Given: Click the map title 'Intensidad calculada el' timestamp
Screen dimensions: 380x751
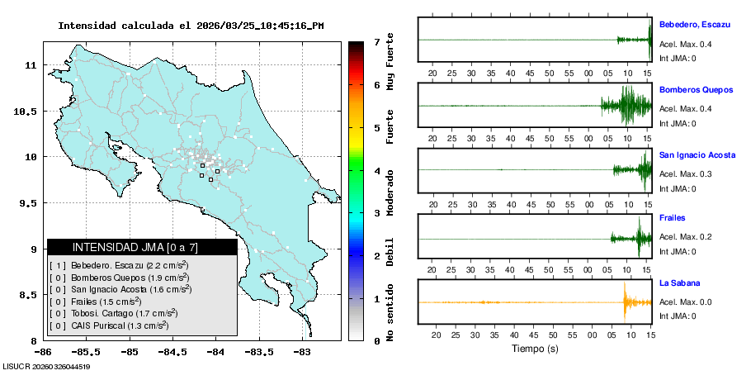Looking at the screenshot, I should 191,26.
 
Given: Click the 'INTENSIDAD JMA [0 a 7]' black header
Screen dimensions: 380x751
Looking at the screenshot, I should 142,247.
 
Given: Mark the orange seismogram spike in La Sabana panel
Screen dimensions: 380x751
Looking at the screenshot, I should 625,302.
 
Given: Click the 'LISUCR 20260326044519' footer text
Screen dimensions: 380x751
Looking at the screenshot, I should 46,366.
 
